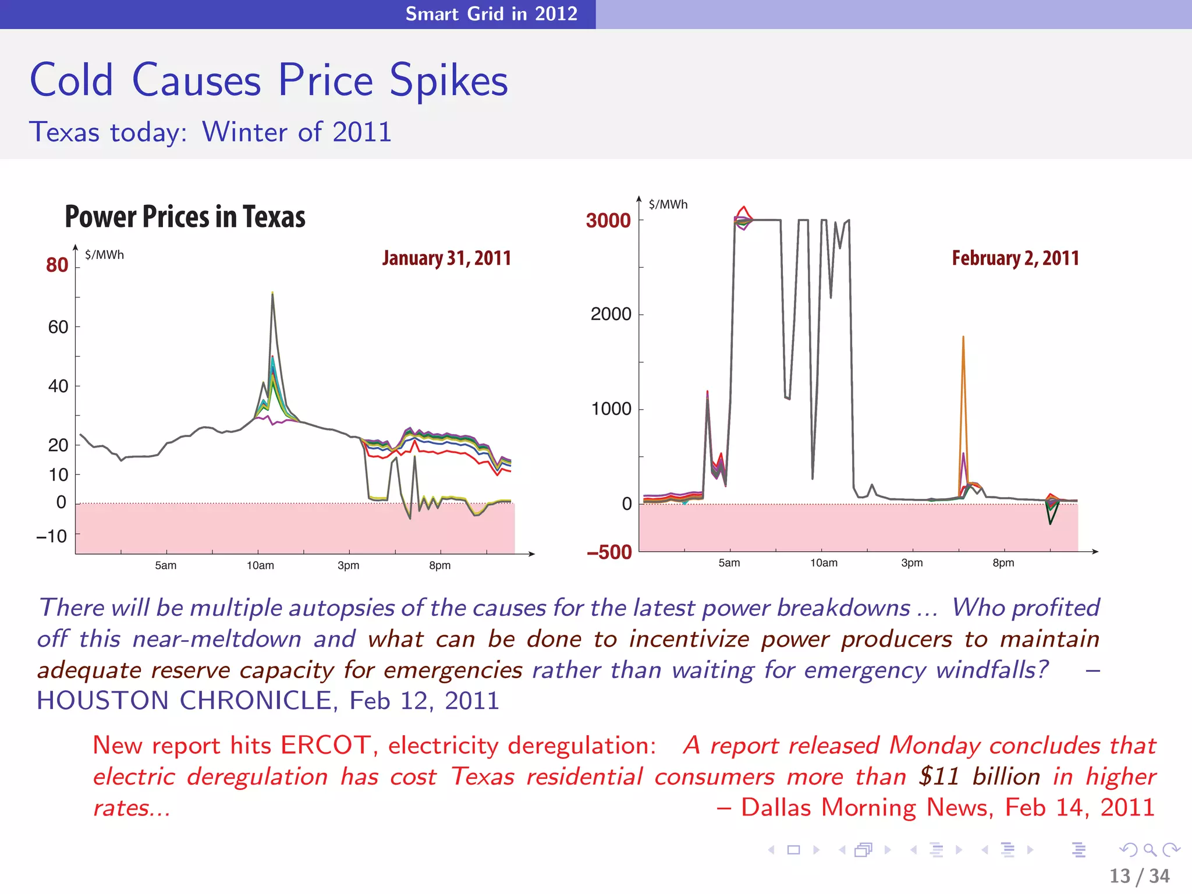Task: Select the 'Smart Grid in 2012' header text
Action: (x=491, y=13)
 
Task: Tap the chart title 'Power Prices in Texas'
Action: (x=185, y=217)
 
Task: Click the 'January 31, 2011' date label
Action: (x=446, y=258)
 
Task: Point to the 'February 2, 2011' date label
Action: (x=1015, y=258)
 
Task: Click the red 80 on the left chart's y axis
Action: (x=57, y=265)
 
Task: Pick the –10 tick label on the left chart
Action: (x=52, y=535)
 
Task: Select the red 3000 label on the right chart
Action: (x=608, y=221)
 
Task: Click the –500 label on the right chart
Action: (x=609, y=552)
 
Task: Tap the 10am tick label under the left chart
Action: (x=260, y=565)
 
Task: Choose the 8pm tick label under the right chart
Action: (x=1003, y=563)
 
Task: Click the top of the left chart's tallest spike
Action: (x=272, y=293)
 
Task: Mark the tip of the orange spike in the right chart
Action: (x=963, y=337)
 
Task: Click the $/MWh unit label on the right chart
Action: (x=668, y=204)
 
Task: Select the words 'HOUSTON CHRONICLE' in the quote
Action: (x=184, y=700)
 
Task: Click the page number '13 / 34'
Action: (x=1139, y=876)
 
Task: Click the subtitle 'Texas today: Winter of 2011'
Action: (x=210, y=132)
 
